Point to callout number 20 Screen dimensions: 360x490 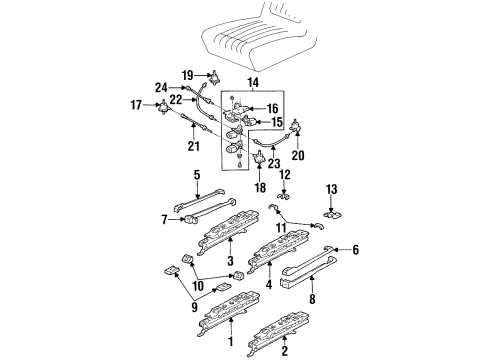(x=297, y=155)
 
